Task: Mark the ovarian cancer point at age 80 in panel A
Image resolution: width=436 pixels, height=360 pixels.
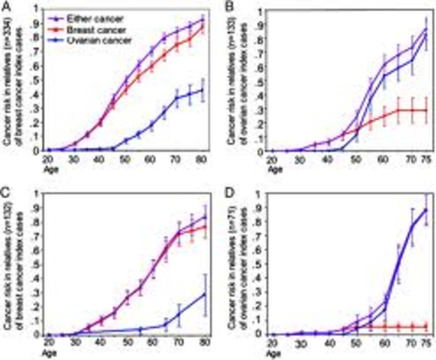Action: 202,91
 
